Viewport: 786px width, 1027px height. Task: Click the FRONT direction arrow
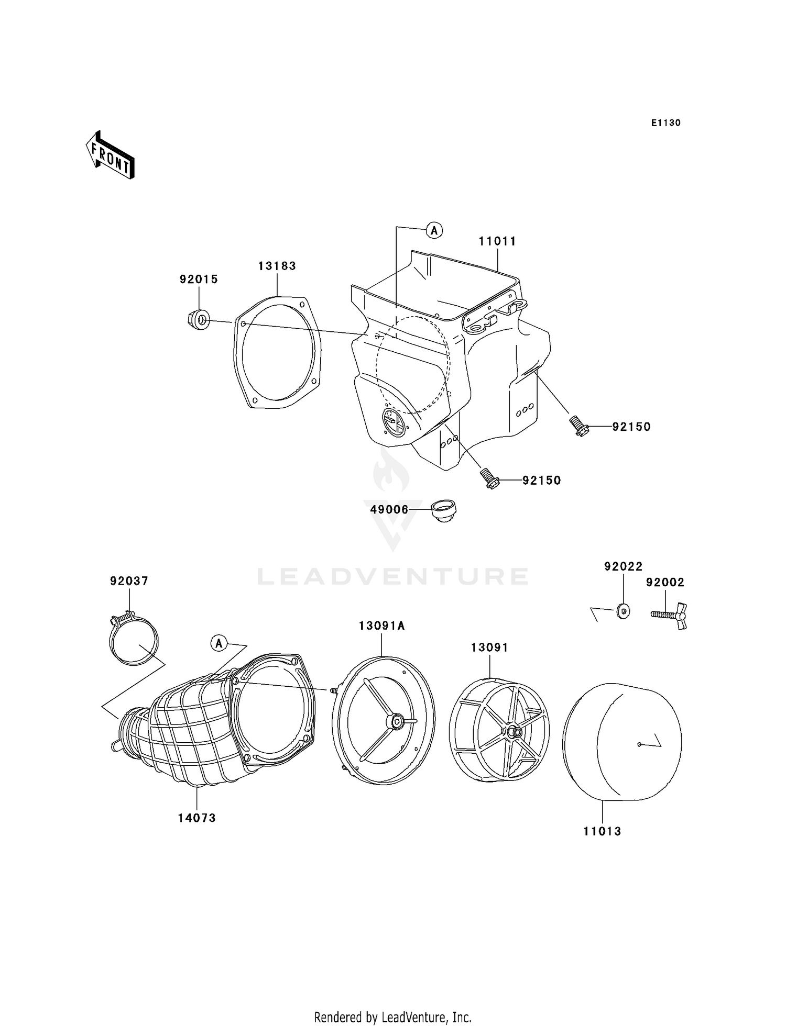click(x=111, y=156)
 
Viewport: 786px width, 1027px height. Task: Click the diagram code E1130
click(x=665, y=123)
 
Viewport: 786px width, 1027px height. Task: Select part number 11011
click(x=497, y=241)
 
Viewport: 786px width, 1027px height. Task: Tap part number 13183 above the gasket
click(x=277, y=266)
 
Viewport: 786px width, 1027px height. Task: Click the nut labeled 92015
click(x=198, y=319)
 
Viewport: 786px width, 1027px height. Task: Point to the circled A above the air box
click(x=434, y=229)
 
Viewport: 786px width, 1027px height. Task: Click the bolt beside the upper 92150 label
click(x=578, y=426)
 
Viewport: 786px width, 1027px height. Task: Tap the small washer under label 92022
click(x=623, y=611)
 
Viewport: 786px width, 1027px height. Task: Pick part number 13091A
click(x=381, y=626)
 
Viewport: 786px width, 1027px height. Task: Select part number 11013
click(x=602, y=831)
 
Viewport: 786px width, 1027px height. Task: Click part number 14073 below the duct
click(x=196, y=818)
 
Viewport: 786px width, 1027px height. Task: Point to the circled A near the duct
click(x=219, y=643)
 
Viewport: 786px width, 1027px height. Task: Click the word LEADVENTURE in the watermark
click(x=393, y=576)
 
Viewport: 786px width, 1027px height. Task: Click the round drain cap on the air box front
click(x=393, y=421)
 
